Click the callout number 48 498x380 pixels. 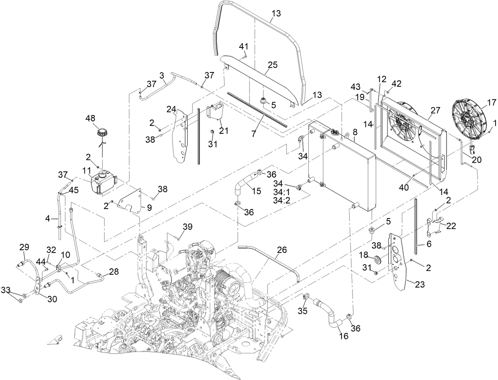[x=91, y=118]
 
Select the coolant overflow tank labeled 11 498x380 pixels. [x=104, y=182]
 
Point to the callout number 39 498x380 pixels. [x=187, y=226]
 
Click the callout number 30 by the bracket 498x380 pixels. [x=52, y=299]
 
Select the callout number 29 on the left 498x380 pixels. [x=25, y=247]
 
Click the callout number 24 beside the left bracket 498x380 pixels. [x=171, y=109]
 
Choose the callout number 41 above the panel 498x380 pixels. [x=243, y=46]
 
